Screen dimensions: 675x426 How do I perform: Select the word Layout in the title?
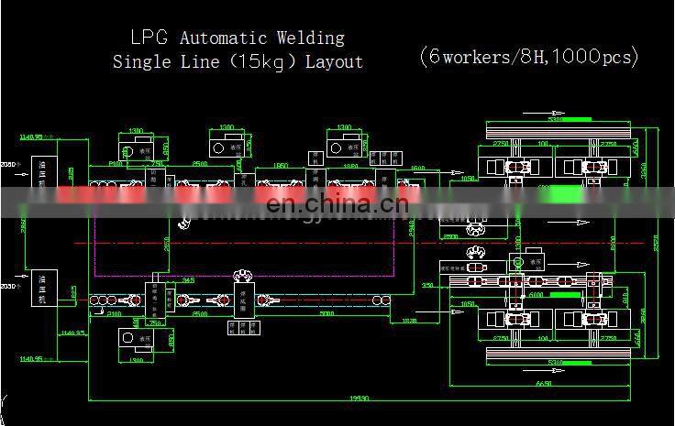pos(334,62)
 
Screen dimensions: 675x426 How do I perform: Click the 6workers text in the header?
pos(469,56)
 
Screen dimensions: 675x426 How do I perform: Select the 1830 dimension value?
pos(409,322)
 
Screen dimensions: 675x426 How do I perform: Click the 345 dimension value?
pos(189,279)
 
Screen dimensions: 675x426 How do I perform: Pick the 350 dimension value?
pos(427,286)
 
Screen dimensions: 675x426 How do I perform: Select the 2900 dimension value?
pos(450,235)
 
